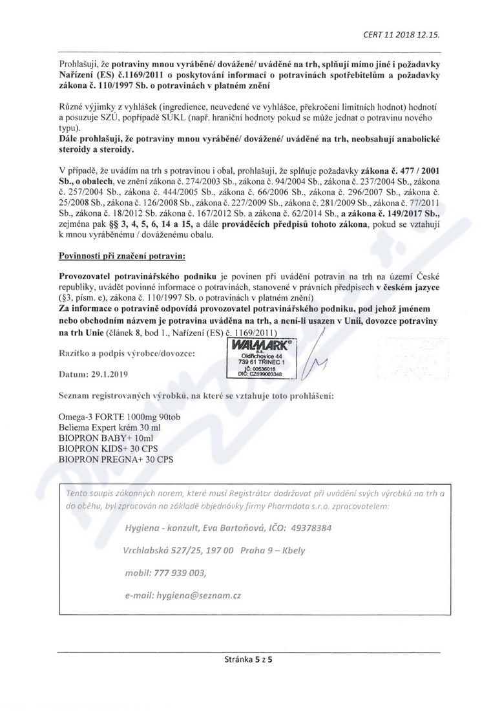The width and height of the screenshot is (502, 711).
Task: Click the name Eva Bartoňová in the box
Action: pos(234,527)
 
